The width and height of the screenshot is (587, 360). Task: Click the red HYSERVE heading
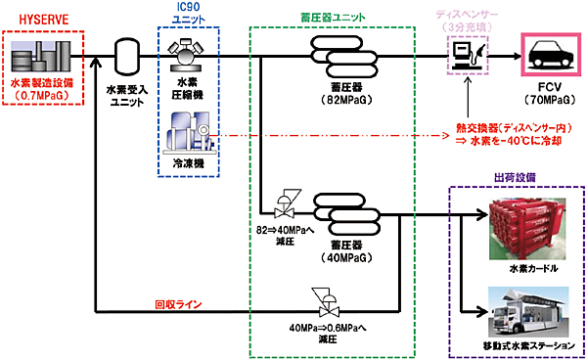pyautogui.click(x=32, y=19)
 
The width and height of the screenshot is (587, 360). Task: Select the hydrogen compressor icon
pyautogui.click(x=186, y=55)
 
